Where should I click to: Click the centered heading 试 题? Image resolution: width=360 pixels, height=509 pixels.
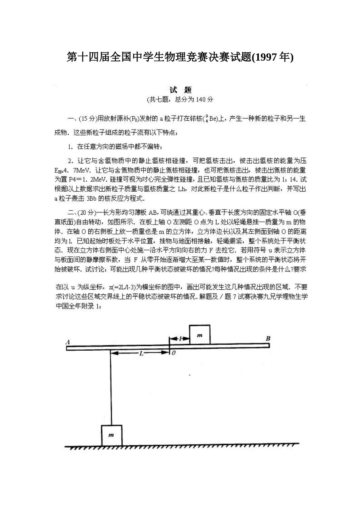pos(180,90)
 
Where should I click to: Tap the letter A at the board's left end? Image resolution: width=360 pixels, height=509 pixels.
pos(68,342)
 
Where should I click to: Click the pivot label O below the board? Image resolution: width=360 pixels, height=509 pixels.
pos(174,353)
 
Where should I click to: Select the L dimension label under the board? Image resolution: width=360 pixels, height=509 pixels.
pos(141,353)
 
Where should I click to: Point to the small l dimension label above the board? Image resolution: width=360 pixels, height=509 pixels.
pos(181,338)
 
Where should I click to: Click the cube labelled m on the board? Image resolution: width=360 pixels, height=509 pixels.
pos(199,335)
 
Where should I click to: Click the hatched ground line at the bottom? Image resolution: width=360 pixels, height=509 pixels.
pos(182,446)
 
